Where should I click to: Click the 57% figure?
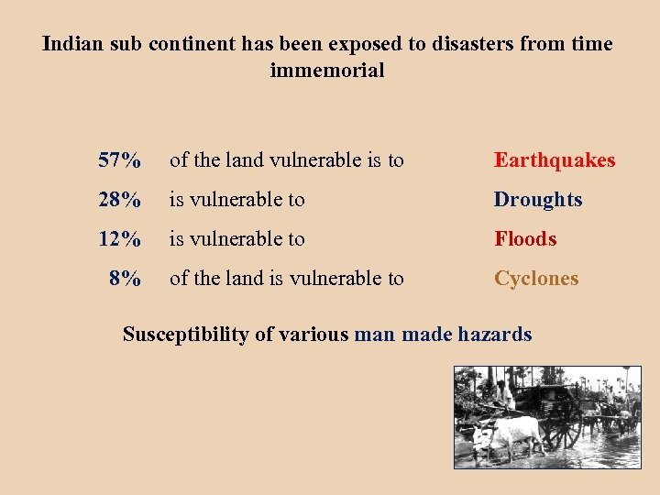(119, 160)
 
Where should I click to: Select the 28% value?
(119, 200)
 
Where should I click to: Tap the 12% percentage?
(119, 239)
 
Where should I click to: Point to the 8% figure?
(125, 279)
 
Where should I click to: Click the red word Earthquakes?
(555, 160)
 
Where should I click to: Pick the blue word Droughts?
(538, 200)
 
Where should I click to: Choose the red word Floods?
(525, 239)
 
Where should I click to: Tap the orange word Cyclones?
(536, 279)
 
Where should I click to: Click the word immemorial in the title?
(327, 70)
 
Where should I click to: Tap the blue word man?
(374, 335)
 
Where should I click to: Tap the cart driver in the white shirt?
(502, 392)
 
